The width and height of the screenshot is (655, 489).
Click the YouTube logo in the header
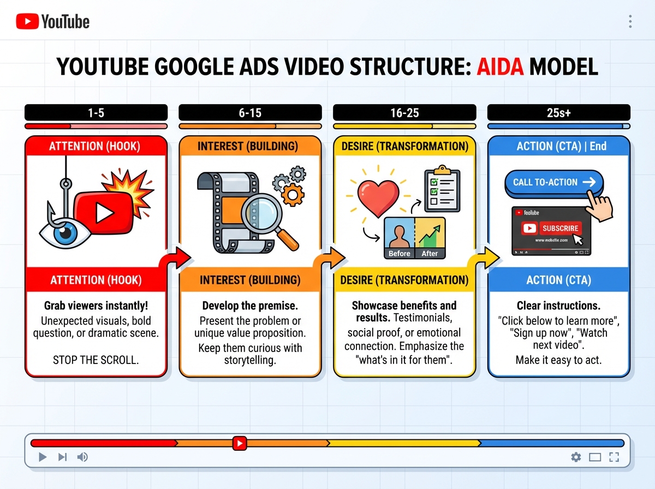pyautogui.click(x=52, y=21)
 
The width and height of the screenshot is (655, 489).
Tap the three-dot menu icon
pyautogui.click(x=630, y=21)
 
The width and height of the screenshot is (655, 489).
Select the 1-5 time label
pyautogui.click(x=96, y=113)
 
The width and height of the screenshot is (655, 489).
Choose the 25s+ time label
pyautogui.click(x=558, y=113)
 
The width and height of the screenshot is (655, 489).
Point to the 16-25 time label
pyautogui.click(x=404, y=113)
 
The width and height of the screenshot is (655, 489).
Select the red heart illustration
pyautogui.click(x=375, y=194)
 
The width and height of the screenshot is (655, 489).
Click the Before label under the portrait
pyautogui.click(x=400, y=253)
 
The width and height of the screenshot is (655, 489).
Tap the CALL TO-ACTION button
pyautogui.click(x=553, y=182)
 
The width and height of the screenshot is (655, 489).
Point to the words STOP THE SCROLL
pyautogui.click(x=96, y=360)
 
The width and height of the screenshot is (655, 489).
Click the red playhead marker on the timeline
pyautogui.click(x=239, y=443)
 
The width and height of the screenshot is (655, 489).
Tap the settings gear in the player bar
pyautogui.click(x=575, y=457)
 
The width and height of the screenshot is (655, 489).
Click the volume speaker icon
pyautogui.click(x=82, y=457)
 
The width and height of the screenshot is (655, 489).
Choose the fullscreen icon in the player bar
pyautogui.click(x=614, y=457)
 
